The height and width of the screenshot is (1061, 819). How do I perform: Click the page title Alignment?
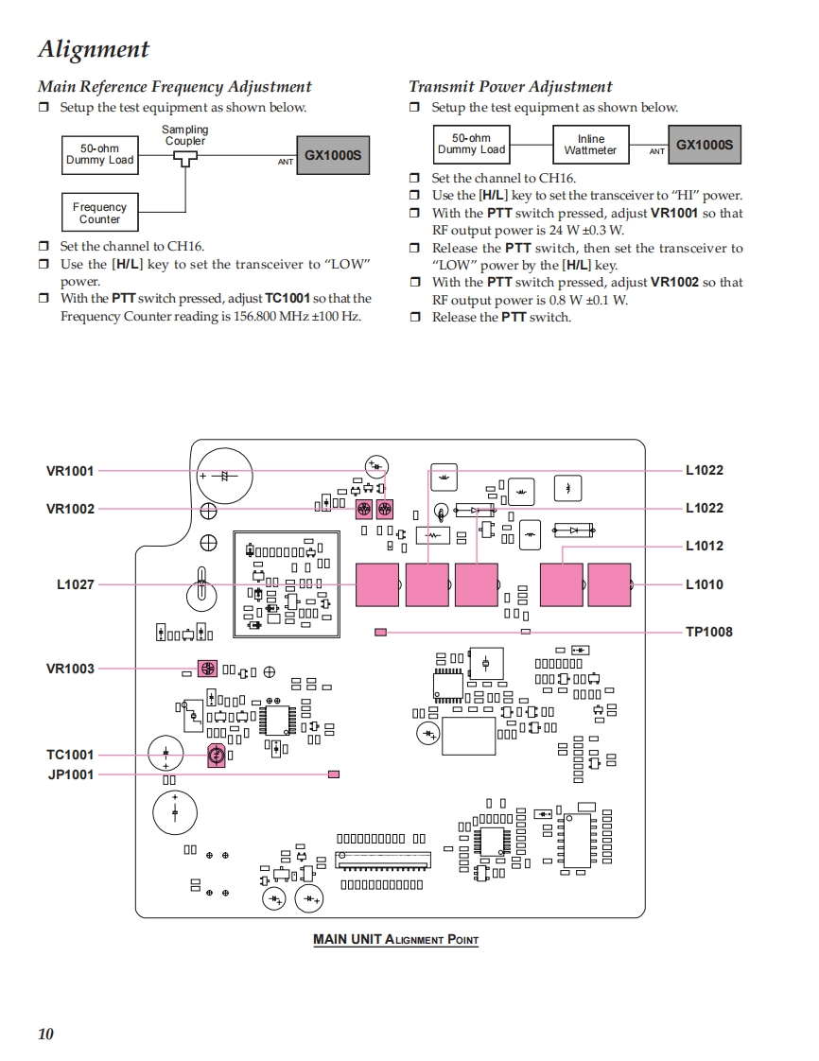[x=93, y=49]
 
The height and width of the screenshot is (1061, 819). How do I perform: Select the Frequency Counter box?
[x=99, y=213]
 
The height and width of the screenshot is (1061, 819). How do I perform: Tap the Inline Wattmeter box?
[x=590, y=145]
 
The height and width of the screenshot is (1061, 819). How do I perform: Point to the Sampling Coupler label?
[x=184, y=135]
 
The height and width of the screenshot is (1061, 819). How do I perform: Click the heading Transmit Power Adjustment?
[x=510, y=87]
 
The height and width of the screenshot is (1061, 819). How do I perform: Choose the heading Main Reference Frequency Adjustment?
[x=174, y=87]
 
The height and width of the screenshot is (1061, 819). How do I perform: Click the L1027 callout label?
[x=76, y=584]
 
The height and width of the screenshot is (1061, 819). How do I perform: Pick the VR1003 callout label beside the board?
[x=70, y=669]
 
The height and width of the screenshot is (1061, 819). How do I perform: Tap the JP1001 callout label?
[x=71, y=774]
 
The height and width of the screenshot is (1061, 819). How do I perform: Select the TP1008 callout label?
[x=708, y=632]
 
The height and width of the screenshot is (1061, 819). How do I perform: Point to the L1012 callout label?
[x=705, y=546]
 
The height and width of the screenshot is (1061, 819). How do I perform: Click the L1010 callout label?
[x=705, y=584]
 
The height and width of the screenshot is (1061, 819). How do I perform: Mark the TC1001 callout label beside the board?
[x=71, y=755]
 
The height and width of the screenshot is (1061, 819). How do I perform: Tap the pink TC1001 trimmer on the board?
[x=216, y=755]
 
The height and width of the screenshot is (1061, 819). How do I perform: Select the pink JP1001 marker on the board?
[x=333, y=774]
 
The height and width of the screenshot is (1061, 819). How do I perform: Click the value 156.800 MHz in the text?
[x=254, y=316]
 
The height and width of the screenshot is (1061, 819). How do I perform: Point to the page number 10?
[x=45, y=1034]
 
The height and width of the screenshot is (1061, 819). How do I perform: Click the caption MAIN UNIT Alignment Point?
[x=395, y=940]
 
